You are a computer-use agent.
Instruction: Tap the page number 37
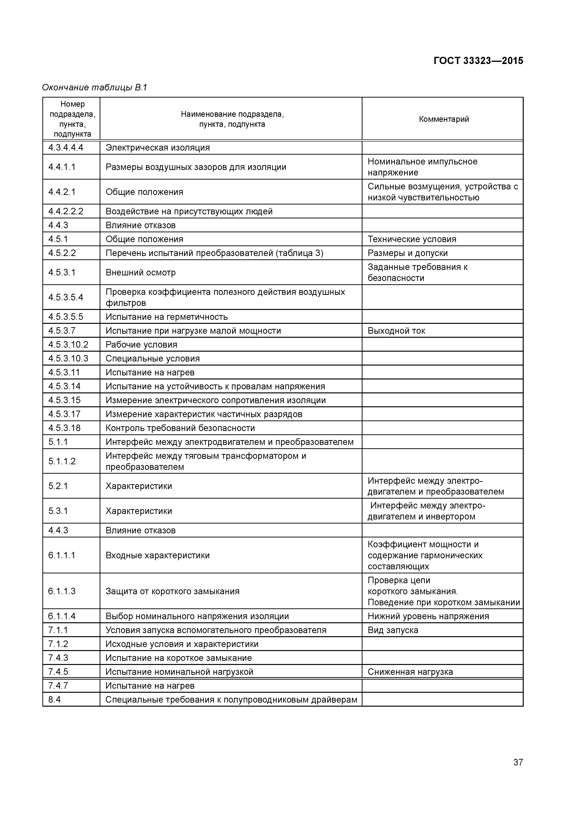[518, 772]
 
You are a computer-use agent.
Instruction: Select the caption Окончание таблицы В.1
[95, 87]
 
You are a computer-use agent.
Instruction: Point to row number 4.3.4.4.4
[66, 148]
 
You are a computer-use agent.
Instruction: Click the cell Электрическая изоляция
[158, 148]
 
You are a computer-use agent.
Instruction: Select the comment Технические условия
[412, 239]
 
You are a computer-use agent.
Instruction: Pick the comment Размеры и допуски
[408, 253]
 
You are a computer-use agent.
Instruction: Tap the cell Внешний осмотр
[140, 273]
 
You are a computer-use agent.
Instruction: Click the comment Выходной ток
[396, 331]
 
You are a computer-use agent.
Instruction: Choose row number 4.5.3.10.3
[68, 359]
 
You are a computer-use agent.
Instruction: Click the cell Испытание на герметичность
[167, 317]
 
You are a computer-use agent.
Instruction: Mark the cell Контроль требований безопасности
[180, 428]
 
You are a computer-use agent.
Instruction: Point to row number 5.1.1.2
[62, 461]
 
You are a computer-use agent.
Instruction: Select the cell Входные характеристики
[158, 555]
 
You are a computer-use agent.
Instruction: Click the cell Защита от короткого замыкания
[172, 591]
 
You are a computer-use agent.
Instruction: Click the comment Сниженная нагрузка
[410, 672]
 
